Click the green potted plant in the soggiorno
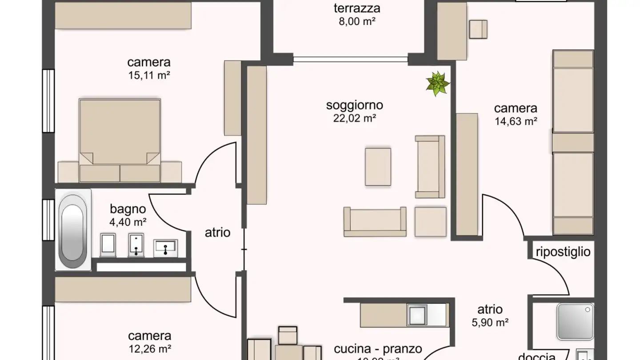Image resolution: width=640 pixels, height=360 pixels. tap(438, 84)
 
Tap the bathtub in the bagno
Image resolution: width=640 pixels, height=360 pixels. tap(73, 230)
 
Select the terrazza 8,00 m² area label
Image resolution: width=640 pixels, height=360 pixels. tap(357, 14)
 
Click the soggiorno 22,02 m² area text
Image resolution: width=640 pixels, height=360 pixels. tap(355, 112)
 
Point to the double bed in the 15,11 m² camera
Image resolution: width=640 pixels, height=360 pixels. tap(120, 133)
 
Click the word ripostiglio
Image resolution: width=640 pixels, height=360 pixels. tap(563, 252)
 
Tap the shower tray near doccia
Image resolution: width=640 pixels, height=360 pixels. tap(575, 321)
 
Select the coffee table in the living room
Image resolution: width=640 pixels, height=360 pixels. tap(378, 167)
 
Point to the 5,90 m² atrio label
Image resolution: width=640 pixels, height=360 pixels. tap(490, 316)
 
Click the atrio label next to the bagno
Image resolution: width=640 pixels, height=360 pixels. tap(218, 232)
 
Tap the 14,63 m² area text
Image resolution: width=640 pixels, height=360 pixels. tap(516, 115)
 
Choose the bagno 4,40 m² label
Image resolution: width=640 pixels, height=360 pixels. tap(128, 215)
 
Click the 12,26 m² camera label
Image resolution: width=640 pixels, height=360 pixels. tap(150, 342)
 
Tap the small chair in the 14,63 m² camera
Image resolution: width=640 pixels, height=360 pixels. tap(478, 29)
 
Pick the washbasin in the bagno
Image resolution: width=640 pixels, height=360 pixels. tap(165, 248)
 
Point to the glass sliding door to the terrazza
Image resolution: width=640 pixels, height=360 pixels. tap(350, 59)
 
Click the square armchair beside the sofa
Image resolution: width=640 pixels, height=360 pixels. tap(430, 221)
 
